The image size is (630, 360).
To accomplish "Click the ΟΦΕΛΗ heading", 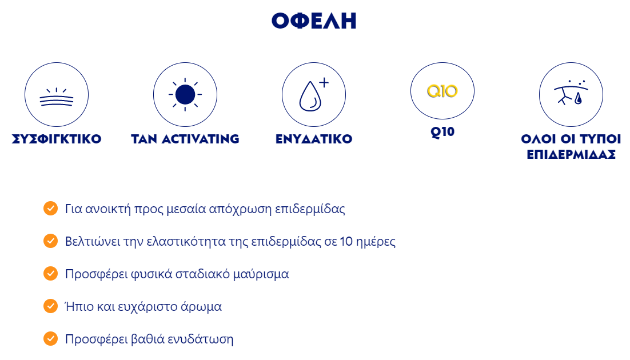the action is [314, 21].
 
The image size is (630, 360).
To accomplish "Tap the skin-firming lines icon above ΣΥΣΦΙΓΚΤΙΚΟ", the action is [57, 97].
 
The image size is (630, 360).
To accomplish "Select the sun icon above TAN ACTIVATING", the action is [185, 94].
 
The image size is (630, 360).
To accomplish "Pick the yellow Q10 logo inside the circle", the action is [442, 91].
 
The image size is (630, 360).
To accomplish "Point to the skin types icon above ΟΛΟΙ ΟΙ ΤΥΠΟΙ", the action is [571, 93].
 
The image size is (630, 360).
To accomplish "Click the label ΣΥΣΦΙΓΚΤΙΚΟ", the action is [57, 139].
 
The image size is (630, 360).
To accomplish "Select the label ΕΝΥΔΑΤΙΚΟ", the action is [314, 139].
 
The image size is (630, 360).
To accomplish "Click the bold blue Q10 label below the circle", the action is [442, 132].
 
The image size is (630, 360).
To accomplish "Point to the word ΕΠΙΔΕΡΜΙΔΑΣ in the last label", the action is [571, 154].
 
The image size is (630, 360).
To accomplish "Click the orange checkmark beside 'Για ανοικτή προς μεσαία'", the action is [51, 208].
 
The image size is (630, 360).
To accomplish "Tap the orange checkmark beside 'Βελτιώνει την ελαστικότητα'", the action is [51, 241].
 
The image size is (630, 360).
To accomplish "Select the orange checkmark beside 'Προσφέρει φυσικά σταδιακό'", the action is [51, 273].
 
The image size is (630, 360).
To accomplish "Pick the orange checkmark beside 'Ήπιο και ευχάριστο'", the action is [51, 306].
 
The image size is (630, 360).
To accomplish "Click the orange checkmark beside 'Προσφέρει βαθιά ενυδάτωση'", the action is [51, 338].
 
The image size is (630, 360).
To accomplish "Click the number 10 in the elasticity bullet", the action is [346, 242].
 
